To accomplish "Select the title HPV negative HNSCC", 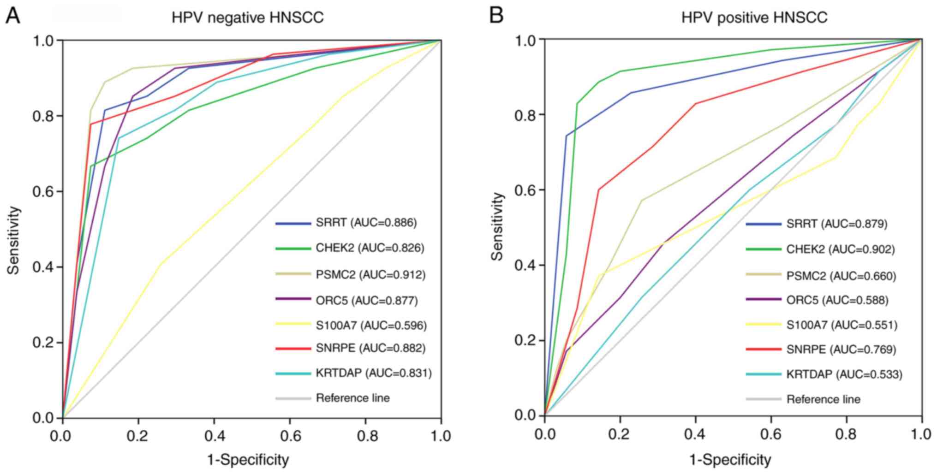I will [x=248, y=18].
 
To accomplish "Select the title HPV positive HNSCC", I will [x=754, y=18].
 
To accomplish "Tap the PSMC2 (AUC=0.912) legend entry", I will [x=370, y=275].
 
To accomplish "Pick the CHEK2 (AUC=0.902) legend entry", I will [x=841, y=249].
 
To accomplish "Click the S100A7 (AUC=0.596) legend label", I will [x=371, y=326].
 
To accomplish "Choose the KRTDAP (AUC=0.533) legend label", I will [x=844, y=374].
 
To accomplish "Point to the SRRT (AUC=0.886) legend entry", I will [x=366, y=223].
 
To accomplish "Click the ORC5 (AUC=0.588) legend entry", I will [x=837, y=300].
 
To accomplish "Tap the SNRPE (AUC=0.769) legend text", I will [x=841, y=350].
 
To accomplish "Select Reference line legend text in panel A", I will [x=353, y=398].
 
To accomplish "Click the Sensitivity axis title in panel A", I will [x=14, y=240].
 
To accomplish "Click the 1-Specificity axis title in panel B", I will [x=730, y=460].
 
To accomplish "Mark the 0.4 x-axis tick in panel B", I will [x=695, y=435].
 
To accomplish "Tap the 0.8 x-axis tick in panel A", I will [x=365, y=436].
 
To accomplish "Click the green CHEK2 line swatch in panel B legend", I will [x=764, y=249].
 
